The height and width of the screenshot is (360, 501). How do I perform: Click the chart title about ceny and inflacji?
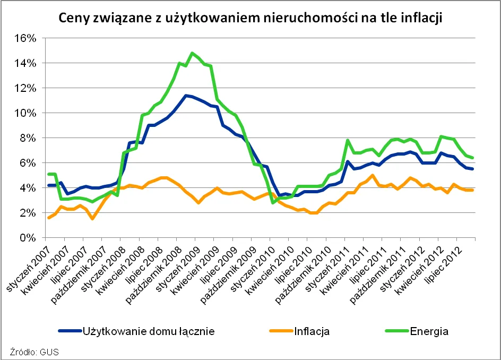[x=250, y=18]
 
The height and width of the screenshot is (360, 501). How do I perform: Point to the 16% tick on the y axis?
[x=25, y=38]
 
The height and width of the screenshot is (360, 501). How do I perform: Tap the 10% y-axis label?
[x=25, y=113]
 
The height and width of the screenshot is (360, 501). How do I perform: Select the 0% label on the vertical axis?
[x=28, y=238]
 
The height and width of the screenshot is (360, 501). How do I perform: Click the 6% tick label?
[x=28, y=163]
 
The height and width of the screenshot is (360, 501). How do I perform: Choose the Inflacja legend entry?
[x=301, y=332]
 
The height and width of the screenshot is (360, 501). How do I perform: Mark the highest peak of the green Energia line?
[x=192, y=53]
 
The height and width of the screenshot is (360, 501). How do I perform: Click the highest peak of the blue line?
[x=185, y=96]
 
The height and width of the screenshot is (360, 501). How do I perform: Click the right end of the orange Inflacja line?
[x=473, y=190]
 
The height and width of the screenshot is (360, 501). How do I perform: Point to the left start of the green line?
[x=49, y=174]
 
